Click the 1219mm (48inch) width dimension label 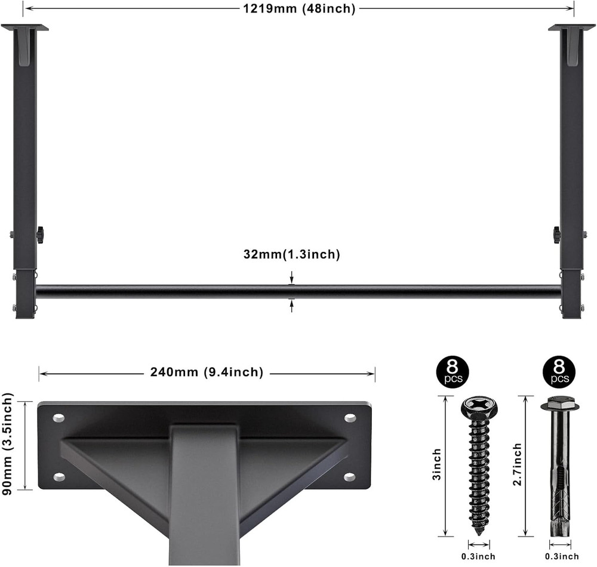point(299,8)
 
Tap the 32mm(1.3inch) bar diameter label point(291,255)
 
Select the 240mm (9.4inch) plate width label point(204,372)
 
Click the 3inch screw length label point(437,466)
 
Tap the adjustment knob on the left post point(41,235)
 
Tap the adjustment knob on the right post point(557,235)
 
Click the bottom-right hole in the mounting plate point(350,477)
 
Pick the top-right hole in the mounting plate point(350,418)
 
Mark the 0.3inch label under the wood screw point(479,557)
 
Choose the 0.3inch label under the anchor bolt point(562,557)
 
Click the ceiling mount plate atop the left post point(24,27)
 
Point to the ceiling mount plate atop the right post point(571,27)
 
